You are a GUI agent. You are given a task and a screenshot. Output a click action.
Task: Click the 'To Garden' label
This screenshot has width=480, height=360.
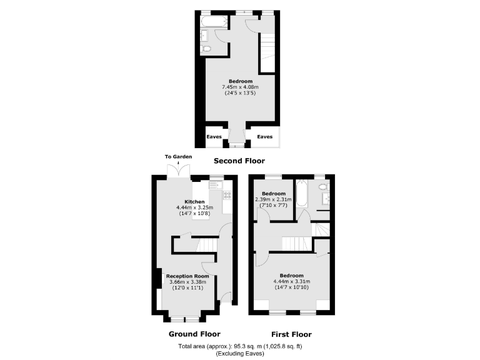pos(178,156)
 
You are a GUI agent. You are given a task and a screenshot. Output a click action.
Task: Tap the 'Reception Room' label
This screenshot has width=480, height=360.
pos(187,276)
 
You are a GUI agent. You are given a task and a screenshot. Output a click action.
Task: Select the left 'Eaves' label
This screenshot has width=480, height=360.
pos(214,136)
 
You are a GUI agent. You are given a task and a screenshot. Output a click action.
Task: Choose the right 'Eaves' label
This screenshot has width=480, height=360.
pos(265,136)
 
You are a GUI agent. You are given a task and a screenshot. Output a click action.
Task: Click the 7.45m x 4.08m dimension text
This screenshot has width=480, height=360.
pos(241,87)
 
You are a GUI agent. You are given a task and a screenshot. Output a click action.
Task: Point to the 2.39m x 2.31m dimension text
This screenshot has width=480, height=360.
pos(274,199)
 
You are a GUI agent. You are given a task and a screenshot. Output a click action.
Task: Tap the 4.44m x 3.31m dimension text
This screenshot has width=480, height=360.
pos(292,281)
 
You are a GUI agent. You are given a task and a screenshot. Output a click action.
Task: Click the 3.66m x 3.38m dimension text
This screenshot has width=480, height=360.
pos(187,282)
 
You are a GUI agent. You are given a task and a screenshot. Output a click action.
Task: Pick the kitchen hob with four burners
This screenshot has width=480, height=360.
pos(227,196)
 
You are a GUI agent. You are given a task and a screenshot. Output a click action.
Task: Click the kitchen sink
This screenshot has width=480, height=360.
pos(216,185)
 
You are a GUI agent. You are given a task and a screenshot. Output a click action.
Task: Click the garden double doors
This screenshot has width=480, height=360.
pos(179,169)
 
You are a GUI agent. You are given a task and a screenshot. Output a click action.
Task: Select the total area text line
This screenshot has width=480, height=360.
pos(240,346)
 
